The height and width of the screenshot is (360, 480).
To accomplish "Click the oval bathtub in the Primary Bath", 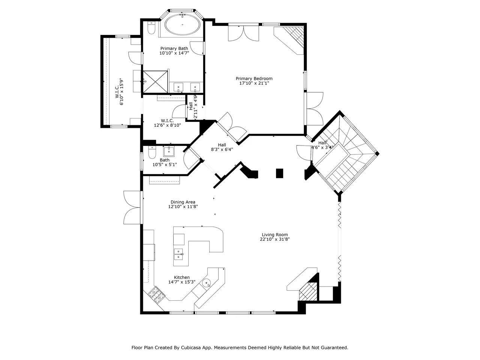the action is (182, 25).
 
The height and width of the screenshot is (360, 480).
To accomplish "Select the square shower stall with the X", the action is (155, 81).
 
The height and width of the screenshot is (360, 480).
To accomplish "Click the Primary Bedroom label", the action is (254, 78).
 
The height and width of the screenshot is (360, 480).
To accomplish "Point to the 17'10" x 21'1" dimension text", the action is (254, 83).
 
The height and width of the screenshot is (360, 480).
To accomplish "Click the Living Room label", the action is (274, 234).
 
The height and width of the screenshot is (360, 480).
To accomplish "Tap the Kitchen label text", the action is (182, 277).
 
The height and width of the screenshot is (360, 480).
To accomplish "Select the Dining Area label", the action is (183, 202).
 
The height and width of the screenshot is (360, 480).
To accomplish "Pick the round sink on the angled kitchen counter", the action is (206, 283).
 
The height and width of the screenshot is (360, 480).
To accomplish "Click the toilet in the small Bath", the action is (152, 152).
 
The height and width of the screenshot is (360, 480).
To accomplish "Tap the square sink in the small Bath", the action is (169, 151).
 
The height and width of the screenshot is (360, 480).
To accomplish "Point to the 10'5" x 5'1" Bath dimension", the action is (165, 165).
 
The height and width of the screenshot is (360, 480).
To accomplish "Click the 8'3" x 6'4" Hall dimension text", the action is (222, 150).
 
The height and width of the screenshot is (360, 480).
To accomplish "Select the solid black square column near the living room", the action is (279, 173).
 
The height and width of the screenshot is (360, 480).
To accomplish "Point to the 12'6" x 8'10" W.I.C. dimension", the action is (167, 125).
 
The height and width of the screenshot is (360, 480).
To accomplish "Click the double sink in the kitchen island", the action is (178, 254).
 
